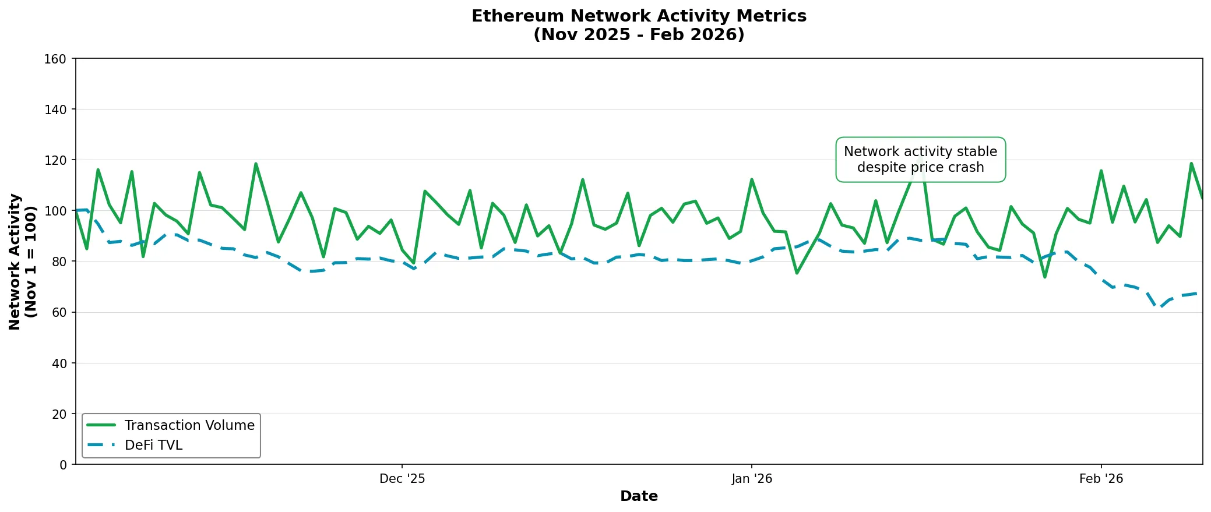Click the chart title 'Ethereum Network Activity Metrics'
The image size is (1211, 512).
pos(639,16)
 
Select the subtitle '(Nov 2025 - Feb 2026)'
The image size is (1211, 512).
pos(639,34)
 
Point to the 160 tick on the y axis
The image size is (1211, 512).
pos(55,59)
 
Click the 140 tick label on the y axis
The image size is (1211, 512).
pos(55,110)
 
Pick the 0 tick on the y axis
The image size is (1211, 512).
pos(63,465)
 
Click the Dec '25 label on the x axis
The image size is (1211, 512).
pos(402,479)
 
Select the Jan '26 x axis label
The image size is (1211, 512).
pos(752,479)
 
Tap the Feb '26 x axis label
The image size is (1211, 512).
pos(1101,479)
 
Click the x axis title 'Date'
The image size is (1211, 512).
pos(639,496)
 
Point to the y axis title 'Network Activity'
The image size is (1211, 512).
pos(15,262)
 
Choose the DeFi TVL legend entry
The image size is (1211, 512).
pos(153,445)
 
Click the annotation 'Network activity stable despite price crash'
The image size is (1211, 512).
pos(920,160)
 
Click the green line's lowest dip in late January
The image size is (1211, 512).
pos(1045,277)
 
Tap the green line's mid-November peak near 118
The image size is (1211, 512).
pos(256,164)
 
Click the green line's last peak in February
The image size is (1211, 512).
pos(1191,163)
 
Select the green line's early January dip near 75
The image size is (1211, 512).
pos(797,273)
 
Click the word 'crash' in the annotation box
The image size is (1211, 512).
pos(964,168)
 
